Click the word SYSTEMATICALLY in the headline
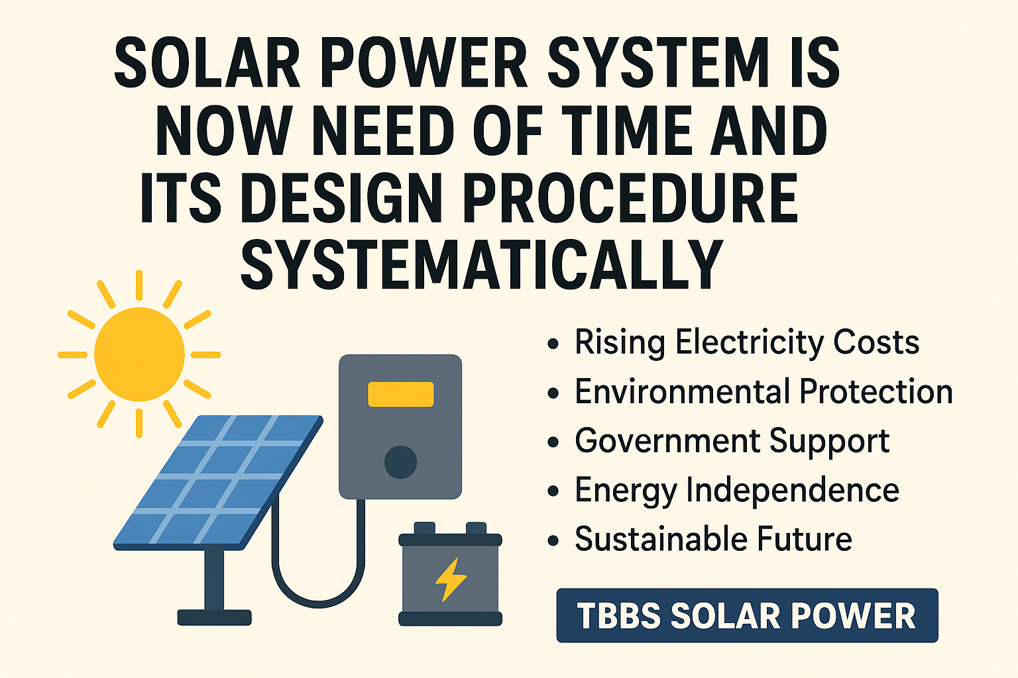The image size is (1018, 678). pyautogui.click(x=481, y=265)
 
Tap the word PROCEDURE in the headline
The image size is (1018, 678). pyautogui.click(x=630, y=198)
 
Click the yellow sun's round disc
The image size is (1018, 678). pyautogui.click(x=139, y=354)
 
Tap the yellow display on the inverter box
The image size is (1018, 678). pyautogui.click(x=400, y=394)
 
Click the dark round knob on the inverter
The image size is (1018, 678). pyautogui.click(x=400, y=461)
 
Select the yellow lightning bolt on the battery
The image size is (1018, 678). pyautogui.click(x=451, y=579)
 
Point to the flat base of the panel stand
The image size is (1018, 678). pyautogui.click(x=214, y=618)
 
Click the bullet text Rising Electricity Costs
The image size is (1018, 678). pyautogui.click(x=747, y=343)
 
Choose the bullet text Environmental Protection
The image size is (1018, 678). pyautogui.click(x=763, y=392)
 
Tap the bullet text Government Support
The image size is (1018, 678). pyautogui.click(x=732, y=441)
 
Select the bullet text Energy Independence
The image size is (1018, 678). pyautogui.click(x=736, y=491)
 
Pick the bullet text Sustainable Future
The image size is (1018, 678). pyautogui.click(x=713, y=539)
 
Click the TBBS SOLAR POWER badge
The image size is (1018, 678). pyautogui.click(x=747, y=616)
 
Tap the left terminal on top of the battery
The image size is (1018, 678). pyautogui.click(x=425, y=528)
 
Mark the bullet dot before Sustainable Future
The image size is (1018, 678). pyautogui.click(x=553, y=540)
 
